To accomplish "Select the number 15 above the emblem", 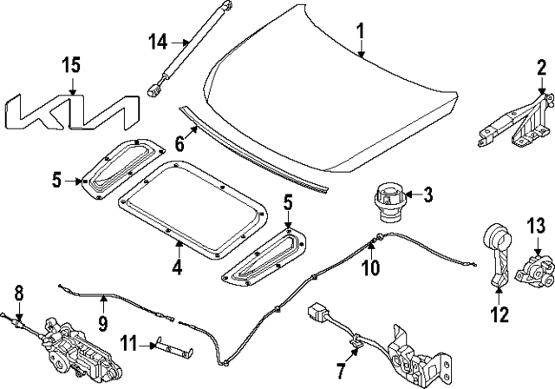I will pyautogui.click(x=70, y=66).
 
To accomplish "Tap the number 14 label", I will pyautogui.click(x=157, y=40).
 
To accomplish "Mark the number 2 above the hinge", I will pyautogui.click(x=541, y=68).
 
